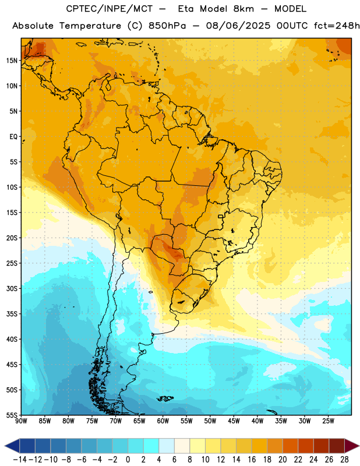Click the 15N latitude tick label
[12, 61]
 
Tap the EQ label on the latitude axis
[13, 137]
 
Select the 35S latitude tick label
[12, 314]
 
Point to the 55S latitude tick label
[12, 415]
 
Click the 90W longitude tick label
[22, 421]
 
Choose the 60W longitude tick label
[163, 421]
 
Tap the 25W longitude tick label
[328, 421]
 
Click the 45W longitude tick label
[234, 421]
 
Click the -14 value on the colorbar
[20, 460]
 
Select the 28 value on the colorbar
[344, 460]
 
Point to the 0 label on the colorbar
[128, 460]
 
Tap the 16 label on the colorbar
[252, 460]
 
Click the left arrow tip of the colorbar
[5, 446]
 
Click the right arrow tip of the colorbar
[359, 446]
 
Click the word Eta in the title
[185, 9]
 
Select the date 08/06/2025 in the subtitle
[238, 26]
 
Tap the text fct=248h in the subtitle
[337, 26]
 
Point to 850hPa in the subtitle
[167, 26]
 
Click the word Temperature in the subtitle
[90, 26]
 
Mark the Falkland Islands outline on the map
[165, 398]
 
